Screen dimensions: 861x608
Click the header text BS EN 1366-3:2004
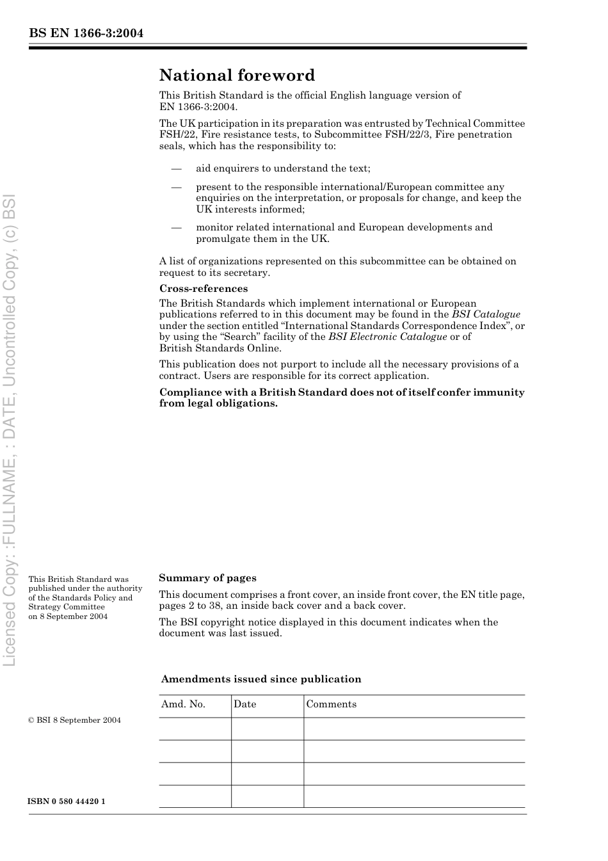pyautogui.click(x=86, y=33)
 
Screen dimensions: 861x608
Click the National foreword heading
pyautogui.click(x=237, y=76)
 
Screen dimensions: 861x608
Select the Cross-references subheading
pyautogui.click(x=204, y=289)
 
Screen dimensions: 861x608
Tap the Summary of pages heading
pyautogui.click(x=207, y=578)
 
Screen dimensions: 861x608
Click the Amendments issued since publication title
pyautogui.click(x=261, y=679)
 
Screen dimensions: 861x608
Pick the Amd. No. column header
pyautogui.click(x=183, y=704)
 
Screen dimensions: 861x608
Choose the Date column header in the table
pyautogui.click(x=244, y=704)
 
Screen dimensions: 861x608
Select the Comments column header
pyautogui.click(x=331, y=704)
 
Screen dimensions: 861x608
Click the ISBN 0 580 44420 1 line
pyautogui.click(x=67, y=801)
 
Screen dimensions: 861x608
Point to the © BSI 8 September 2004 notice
pyautogui.click(x=74, y=720)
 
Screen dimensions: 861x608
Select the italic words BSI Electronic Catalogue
pyautogui.click(x=387, y=337)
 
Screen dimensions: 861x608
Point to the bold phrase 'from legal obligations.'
pyautogui.click(x=218, y=403)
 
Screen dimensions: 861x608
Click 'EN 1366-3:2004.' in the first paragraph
pyautogui.click(x=198, y=107)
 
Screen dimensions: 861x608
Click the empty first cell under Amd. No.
pyautogui.click(x=195, y=728)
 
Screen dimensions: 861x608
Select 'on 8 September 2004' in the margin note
pyautogui.click(x=68, y=616)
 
